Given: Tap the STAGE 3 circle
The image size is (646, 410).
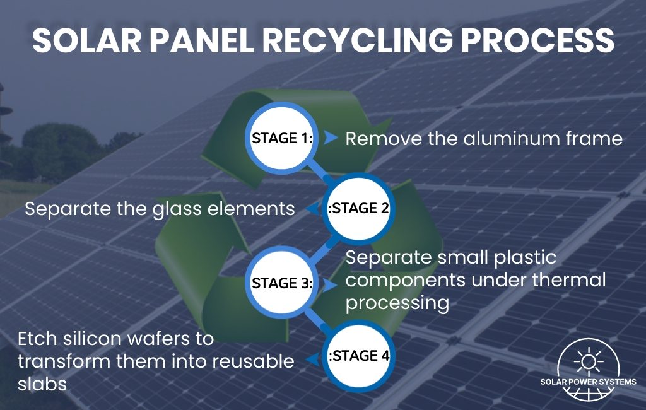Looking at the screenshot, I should click(x=283, y=283).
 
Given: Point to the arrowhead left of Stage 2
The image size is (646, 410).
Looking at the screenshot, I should click(x=311, y=209).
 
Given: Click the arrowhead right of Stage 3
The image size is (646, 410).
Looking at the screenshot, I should click(x=329, y=284).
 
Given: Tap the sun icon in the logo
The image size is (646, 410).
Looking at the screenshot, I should click(x=588, y=360).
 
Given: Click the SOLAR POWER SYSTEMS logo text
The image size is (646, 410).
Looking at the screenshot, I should click(x=588, y=382).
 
